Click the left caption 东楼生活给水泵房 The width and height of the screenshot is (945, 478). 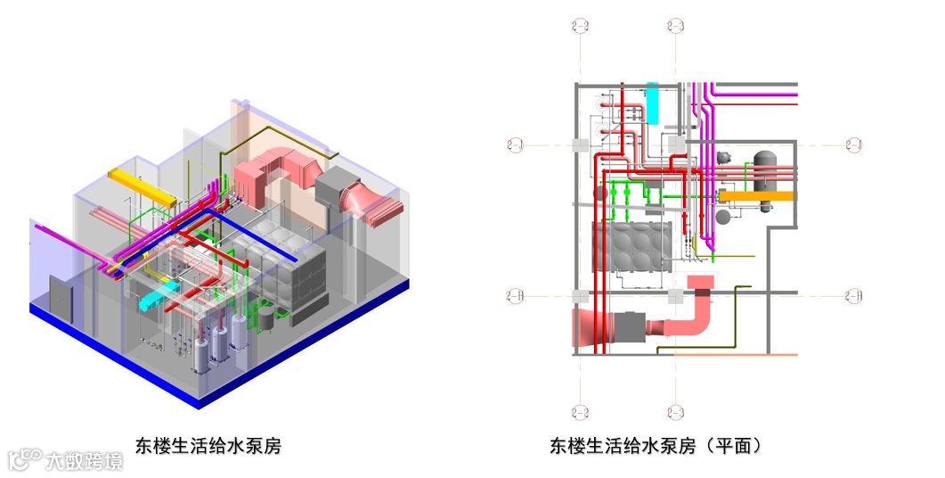[208, 445]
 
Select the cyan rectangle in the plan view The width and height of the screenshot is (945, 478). [653, 103]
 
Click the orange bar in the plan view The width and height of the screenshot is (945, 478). [757, 195]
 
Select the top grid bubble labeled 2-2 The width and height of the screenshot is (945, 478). [580, 25]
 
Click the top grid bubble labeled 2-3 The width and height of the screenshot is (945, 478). [675, 25]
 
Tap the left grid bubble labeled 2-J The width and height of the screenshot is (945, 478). [515, 144]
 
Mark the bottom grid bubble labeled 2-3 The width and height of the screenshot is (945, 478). [675, 411]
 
